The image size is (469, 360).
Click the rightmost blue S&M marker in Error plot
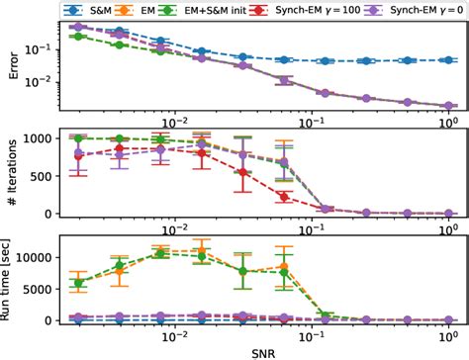point(449,60)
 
